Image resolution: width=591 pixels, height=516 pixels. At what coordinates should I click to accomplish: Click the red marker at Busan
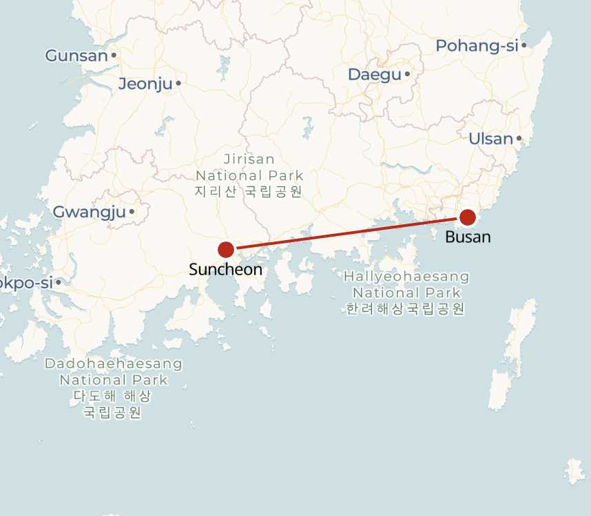[x=467, y=217]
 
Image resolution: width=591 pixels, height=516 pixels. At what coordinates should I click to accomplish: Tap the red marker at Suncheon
[x=226, y=250]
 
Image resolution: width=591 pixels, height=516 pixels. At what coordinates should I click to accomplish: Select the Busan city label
[x=468, y=237]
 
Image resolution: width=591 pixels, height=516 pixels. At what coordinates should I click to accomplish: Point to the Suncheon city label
[x=226, y=270]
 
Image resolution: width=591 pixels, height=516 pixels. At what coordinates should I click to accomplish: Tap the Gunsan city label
[x=76, y=56]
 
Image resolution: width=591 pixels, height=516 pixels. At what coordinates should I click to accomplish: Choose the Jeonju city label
[x=145, y=84]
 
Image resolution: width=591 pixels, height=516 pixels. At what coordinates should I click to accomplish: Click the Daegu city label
[x=374, y=74]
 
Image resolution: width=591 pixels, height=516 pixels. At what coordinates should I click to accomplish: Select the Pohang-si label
[x=477, y=46]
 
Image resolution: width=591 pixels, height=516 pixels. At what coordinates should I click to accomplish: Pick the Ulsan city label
[x=490, y=139]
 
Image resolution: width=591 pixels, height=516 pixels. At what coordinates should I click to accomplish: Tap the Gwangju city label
[x=90, y=212]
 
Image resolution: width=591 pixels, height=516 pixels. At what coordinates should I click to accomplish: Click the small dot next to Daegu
[x=407, y=74]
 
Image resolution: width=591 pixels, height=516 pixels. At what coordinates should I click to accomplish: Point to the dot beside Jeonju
[x=178, y=83]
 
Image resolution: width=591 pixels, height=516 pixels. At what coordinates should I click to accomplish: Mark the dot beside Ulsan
[x=519, y=138]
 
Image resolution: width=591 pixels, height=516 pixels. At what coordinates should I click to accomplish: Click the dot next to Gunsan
[x=114, y=55]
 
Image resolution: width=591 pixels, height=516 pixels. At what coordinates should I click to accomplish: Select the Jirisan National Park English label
[x=249, y=167]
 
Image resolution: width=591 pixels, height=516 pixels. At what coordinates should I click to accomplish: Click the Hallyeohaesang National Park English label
[x=406, y=284]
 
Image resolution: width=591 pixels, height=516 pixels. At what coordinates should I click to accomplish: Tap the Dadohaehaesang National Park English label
[x=114, y=371]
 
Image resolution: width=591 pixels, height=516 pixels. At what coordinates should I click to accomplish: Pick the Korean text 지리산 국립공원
[x=249, y=192]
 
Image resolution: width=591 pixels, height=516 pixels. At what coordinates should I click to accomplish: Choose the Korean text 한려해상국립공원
[x=406, y=309]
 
